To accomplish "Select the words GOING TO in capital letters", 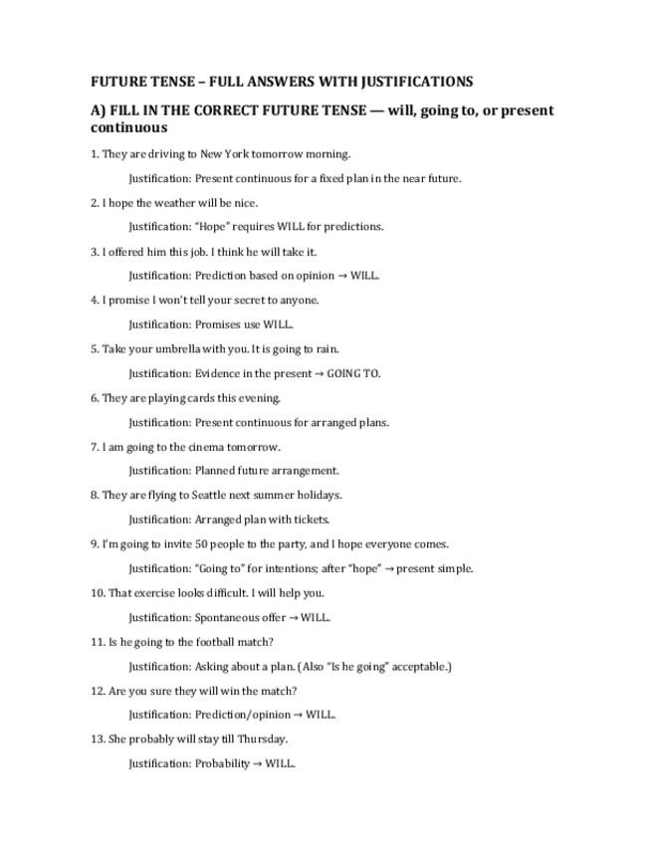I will click(353, 374).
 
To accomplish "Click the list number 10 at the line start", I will click(97, 593).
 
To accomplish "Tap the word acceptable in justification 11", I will click(419, 667).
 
